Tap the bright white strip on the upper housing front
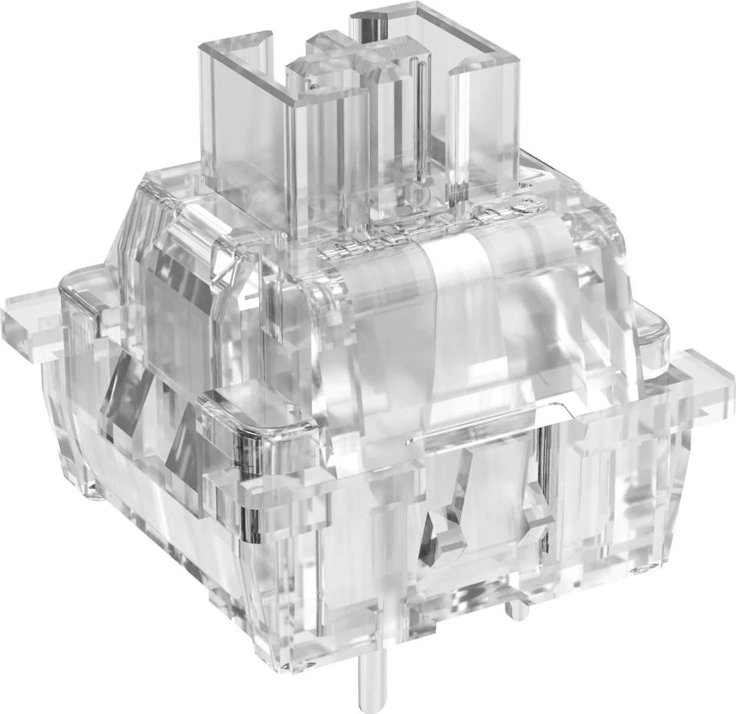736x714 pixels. point(456,301)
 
